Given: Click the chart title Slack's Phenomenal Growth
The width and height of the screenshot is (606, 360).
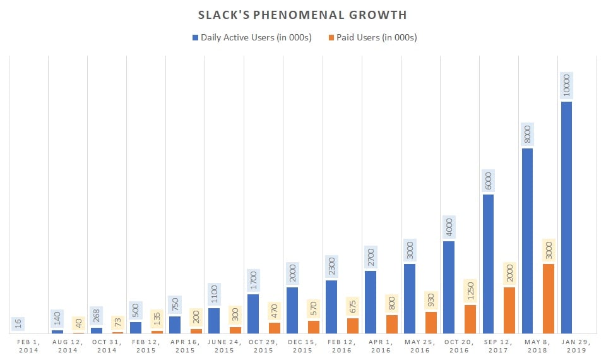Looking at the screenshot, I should (x=302, y=15).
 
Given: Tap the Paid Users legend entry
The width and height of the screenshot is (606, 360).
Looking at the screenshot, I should (x=368, y=37).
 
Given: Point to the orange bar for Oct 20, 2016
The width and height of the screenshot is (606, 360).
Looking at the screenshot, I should (x=470, y=319).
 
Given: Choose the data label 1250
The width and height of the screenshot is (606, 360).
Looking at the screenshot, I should (x=470, y=291).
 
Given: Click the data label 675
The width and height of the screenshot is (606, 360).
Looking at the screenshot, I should (x=353, y=306).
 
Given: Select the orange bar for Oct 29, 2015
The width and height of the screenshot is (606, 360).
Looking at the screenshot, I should (x=275, y=328).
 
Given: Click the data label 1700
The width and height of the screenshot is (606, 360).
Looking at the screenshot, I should (x=253, y=281).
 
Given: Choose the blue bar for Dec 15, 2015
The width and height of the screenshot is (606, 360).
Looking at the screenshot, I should (x=292, y=310).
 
